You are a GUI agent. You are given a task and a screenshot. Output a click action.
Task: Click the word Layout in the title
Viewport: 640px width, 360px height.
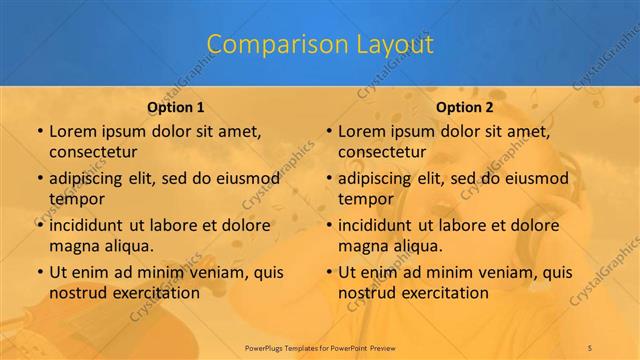397,44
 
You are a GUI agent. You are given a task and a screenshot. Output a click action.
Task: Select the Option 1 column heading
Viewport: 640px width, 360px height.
175,107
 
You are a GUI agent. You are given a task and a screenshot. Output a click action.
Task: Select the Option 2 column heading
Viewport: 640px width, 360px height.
464,107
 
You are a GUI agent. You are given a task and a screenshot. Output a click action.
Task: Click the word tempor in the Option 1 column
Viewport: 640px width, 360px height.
76,198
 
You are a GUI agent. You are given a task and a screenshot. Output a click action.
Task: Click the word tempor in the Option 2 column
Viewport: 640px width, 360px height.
366,198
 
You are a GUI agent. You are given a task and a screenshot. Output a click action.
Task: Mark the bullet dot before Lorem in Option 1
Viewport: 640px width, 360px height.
39,131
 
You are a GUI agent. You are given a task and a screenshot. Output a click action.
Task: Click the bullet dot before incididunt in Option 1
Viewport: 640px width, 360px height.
39,225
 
